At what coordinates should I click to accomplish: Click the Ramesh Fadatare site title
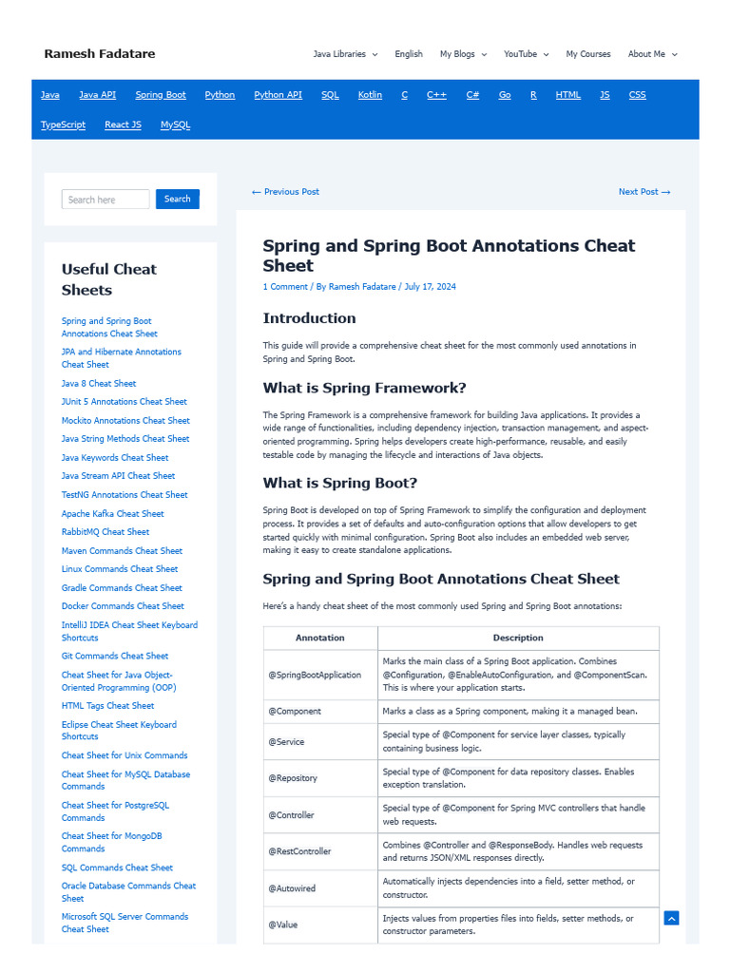[x=99, y=54]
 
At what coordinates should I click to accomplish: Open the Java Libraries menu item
[x=344, y=54]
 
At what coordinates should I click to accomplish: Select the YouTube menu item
[x=525, y=54]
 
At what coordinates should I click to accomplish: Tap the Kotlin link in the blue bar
[x=370, y=95]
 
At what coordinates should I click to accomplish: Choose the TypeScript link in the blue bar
[x=63, y=124]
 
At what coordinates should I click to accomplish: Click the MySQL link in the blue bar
[x=175, y=124]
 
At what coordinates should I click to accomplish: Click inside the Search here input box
[x=106, y=200]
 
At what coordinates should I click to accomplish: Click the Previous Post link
[x=285, y=192]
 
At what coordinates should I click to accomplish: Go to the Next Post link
[x=644, y=192]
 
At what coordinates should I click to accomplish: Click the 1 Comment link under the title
[x=285, y=287]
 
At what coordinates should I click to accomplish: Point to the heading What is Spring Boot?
[x=339, y=483]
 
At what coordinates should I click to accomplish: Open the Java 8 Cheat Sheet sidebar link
[x=99, y=383]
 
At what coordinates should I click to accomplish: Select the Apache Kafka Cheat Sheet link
[x=112, y=514]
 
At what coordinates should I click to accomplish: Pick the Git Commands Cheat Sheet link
[x=115, y=656]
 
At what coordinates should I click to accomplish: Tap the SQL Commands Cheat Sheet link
[x=117, y=868]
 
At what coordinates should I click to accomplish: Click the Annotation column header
[x=320, y=638]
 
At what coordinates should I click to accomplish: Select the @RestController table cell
[x=299, y=851]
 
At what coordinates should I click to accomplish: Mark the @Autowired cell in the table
[x=292, y=888]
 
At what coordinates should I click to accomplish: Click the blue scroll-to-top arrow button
[x=671, y=918]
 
